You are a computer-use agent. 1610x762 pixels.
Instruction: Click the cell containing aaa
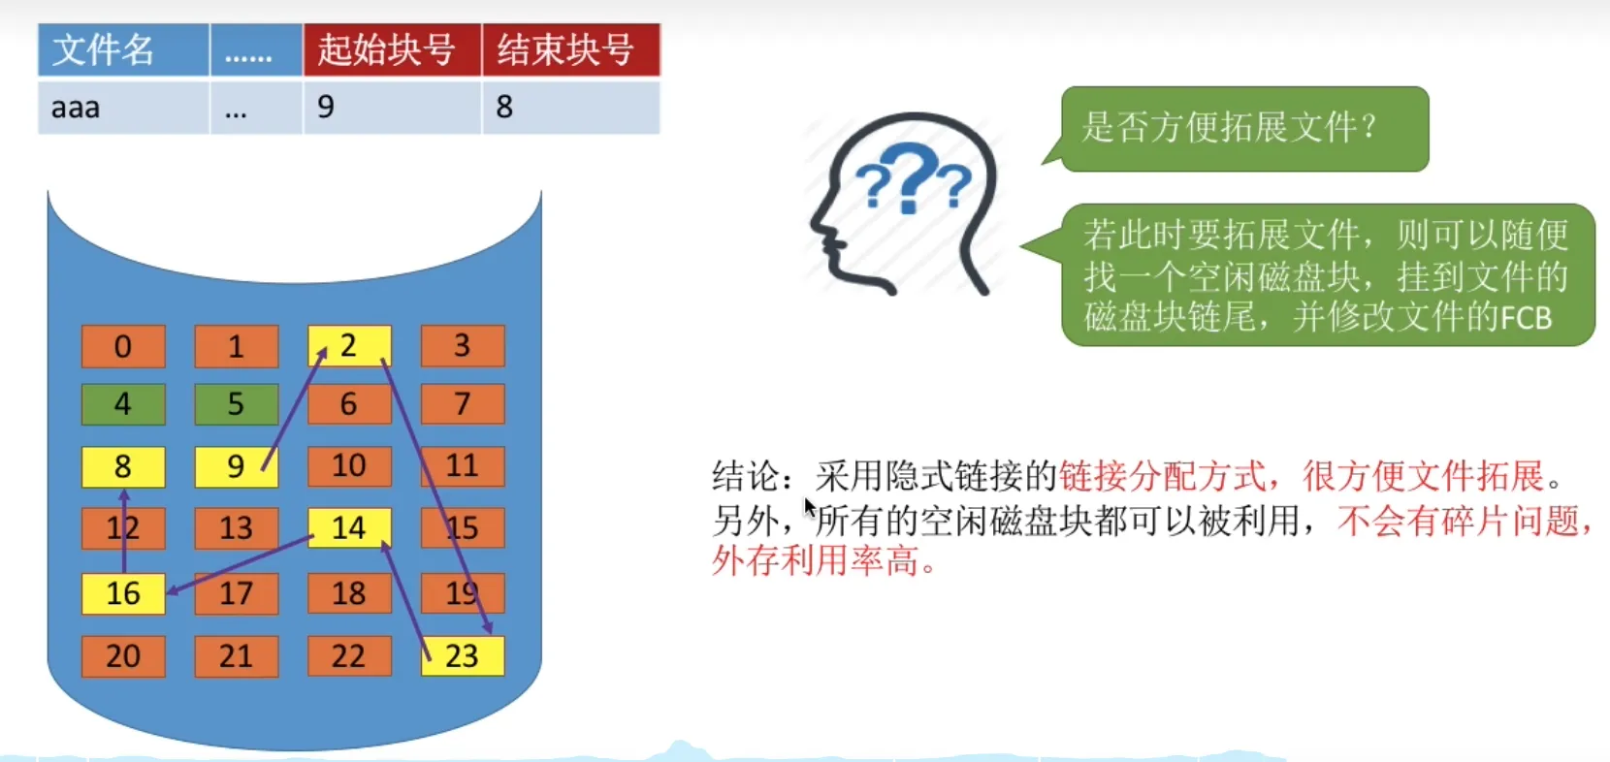pyautogui.click(x=123, y=108)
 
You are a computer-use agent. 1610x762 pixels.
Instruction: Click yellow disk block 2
pyautogui.click(x=349, y=346)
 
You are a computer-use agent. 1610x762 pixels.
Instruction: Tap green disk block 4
pyautogui.click(x=123, y=404)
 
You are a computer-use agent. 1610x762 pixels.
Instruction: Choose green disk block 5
pyautogui.click(x=237, y=404)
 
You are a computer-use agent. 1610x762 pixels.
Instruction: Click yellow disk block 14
pyautogui.click(x=349, y=527)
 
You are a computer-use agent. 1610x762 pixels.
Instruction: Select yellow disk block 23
pyautogui.click(x=463, y=655)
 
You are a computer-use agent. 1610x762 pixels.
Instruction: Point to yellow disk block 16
pyautogui.click(x=123, y=594)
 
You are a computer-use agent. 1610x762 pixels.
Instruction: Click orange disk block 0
pyautogui.click(x=123, y=346)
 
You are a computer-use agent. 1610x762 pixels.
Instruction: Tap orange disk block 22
pyautogui.click(x=349, y=655)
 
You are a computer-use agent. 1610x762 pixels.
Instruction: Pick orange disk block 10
pyautogui.click(x=349, y=466)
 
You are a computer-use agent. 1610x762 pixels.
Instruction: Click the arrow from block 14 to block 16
pyautogui.click(x=241, y=564)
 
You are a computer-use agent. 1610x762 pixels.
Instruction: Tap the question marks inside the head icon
pyautogui.click(x=913, y=178)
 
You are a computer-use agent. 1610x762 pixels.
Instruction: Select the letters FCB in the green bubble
pyautogui.click(x=1526, y=318)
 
